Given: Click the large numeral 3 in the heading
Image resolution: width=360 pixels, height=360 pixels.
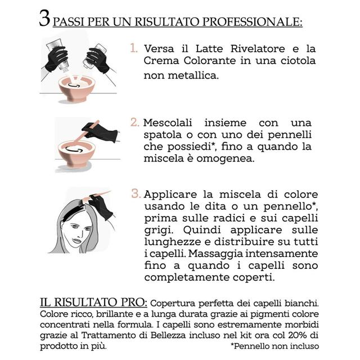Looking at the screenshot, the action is point(44,19).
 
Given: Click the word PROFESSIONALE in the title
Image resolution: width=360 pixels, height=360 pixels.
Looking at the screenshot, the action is point(252,22).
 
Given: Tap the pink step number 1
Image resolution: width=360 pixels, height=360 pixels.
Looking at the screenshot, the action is point(134,48).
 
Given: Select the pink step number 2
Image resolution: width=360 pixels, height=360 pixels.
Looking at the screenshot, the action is point(135,122).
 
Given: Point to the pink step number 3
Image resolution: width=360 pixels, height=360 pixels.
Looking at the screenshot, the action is point(136,193).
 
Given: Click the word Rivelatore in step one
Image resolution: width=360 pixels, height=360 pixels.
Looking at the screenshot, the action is point(258,49).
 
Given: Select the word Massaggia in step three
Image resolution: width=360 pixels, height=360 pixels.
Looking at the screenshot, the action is point(215,254).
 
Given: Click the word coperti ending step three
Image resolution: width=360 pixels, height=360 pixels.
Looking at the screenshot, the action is point(254,277).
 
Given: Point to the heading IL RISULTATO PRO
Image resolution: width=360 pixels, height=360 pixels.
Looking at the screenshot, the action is point(93,302).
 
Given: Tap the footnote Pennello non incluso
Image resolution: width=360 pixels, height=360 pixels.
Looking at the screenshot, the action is point(275,346).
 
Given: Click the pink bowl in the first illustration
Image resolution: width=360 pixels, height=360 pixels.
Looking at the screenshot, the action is point(76,88).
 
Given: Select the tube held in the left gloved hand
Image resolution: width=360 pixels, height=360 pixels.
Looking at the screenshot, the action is point(57,54).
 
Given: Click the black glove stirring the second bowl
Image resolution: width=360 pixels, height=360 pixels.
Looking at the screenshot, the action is point(101,132).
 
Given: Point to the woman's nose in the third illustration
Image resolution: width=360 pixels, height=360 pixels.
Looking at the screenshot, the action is point(81,234).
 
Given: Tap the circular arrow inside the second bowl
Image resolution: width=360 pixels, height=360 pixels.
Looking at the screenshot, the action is point(74,150).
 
